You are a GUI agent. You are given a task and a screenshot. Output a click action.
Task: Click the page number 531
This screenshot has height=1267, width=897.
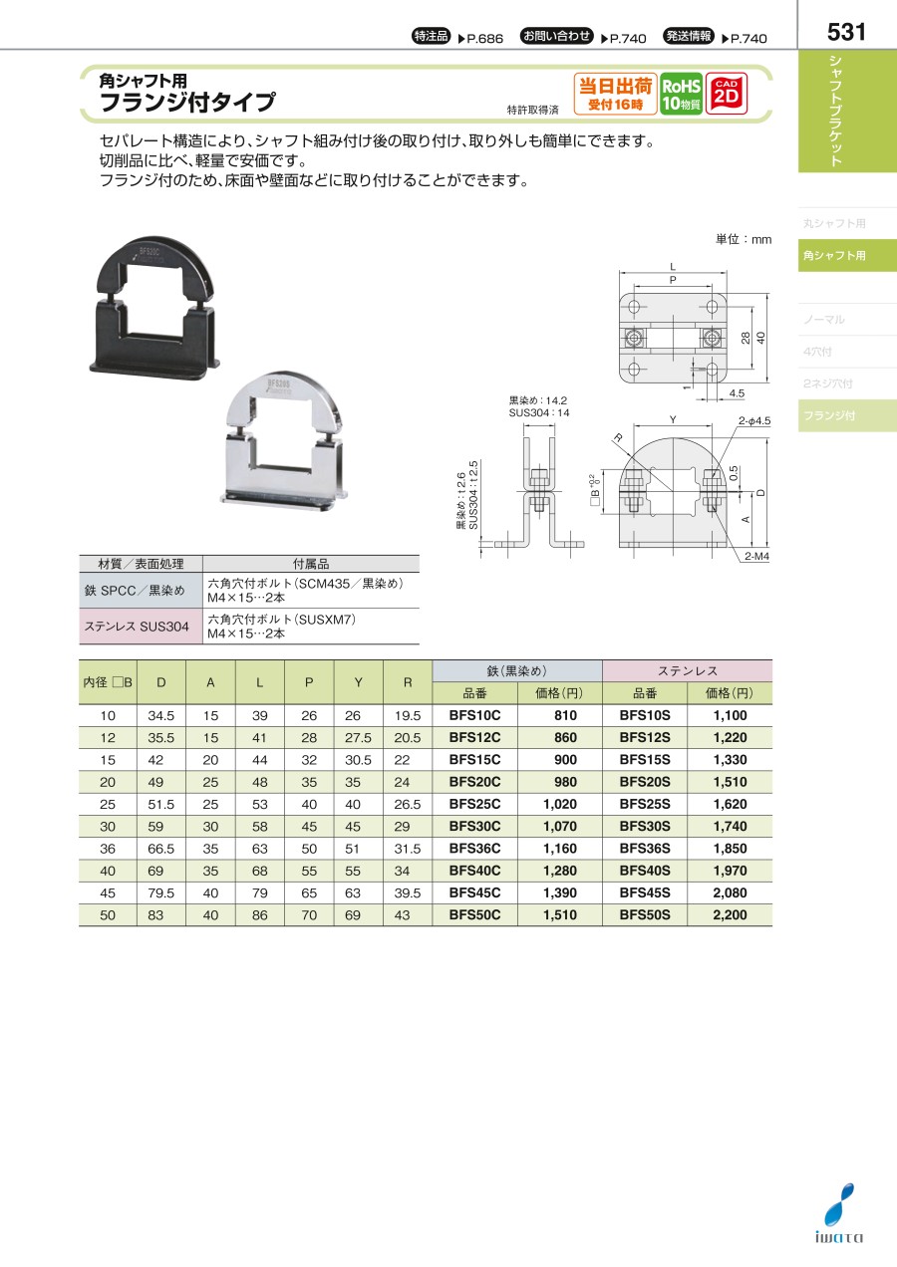point(846,32)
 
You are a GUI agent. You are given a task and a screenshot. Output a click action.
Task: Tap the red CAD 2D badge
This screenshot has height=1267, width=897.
point(727,94)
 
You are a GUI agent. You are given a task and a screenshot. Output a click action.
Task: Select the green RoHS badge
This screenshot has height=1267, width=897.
point(682,94)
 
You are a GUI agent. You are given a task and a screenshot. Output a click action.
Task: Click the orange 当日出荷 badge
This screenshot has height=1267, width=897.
point(615,94)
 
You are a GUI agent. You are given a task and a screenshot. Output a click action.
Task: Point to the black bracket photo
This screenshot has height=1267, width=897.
point(154,304)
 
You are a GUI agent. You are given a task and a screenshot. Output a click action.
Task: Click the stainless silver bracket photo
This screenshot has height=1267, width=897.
point(283,441)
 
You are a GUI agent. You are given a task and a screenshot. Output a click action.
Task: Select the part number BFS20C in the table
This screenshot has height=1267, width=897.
point(474,782)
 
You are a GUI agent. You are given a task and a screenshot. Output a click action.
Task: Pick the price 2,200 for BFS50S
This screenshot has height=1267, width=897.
point(730,914)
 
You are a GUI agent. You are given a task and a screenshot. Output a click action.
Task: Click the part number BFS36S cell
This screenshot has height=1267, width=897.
point(645,849)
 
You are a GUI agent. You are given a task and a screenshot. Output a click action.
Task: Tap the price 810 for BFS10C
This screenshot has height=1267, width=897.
point(565,715)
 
